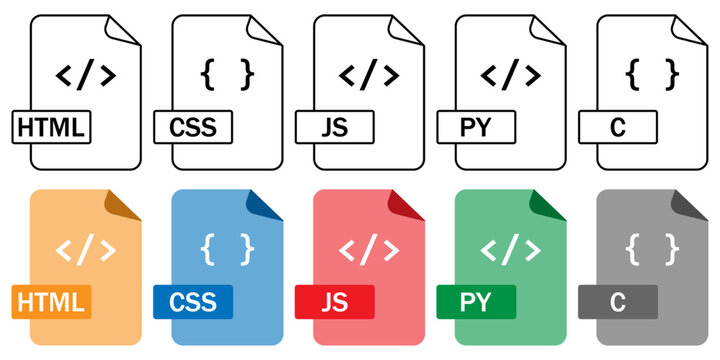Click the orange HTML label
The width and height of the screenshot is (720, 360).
[x=51, y=300]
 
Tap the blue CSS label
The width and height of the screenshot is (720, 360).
[x=193, y=300]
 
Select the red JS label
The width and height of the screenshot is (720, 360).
[x=335, y=300]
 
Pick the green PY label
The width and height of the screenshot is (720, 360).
[x=477, y=300]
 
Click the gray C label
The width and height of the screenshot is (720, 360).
[x=618, y=300]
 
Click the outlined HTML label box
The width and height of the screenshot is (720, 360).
[x=51, y=127]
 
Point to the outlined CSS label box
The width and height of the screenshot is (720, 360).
[x=193, y=127]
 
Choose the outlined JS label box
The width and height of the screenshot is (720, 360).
[x=335, y=127]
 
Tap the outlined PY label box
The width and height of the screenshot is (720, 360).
[x=477, y=127]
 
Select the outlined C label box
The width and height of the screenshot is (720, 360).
[x=618, y=127]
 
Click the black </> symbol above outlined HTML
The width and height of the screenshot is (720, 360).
[x=85, y=74]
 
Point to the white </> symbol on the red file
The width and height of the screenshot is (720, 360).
[x=369, y=247]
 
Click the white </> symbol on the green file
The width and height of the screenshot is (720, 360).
[x=511, y=247]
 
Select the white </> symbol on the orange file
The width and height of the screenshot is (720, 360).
[x=85, y=247]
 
